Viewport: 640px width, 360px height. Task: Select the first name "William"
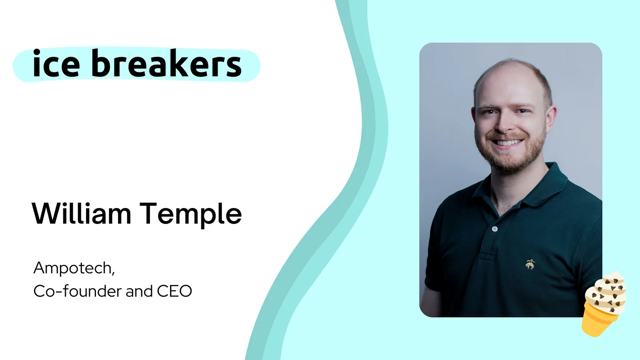82,213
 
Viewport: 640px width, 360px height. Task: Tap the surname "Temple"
191,215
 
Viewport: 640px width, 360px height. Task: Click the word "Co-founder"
78,291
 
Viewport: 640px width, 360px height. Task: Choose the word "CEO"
174,292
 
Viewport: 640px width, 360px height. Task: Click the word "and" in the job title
139,291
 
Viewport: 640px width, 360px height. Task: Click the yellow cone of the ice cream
599,320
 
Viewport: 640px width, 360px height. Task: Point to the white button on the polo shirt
494,228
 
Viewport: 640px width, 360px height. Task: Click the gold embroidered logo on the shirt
530,264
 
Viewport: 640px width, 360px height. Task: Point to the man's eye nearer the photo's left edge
488,112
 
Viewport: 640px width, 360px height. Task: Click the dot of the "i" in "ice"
36,52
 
